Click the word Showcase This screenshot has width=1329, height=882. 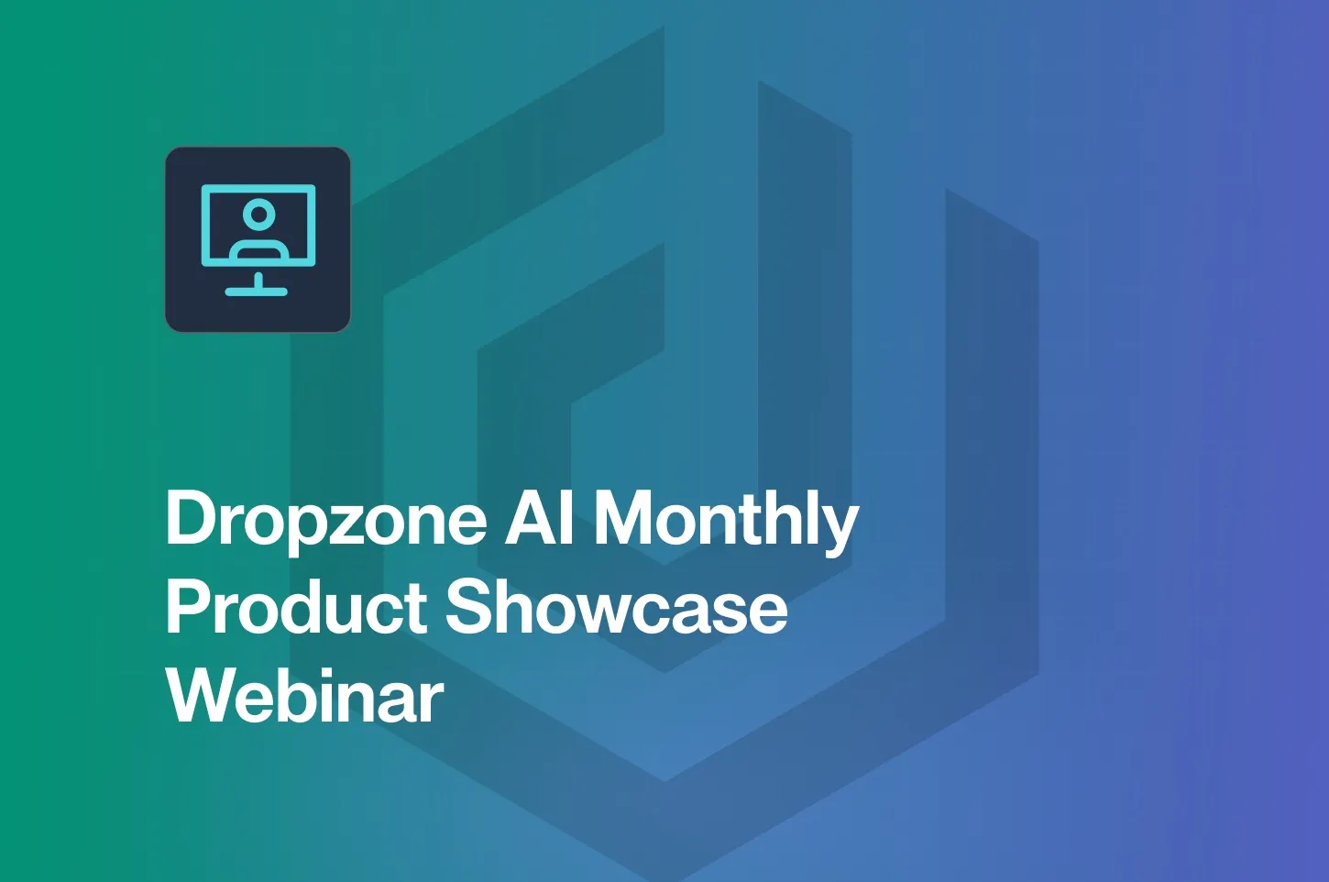[616, 607]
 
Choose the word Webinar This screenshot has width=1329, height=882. [305, 695]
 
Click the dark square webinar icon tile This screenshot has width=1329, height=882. [258, 239]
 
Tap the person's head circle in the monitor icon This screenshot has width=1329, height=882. [259, 214]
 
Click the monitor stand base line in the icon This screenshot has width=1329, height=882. [257, 292]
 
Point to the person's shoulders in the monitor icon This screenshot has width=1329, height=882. [259, 247]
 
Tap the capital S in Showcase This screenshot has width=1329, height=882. [470, 607]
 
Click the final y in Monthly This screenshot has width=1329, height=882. [840, 528]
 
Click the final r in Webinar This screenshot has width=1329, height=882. [433, 701]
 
